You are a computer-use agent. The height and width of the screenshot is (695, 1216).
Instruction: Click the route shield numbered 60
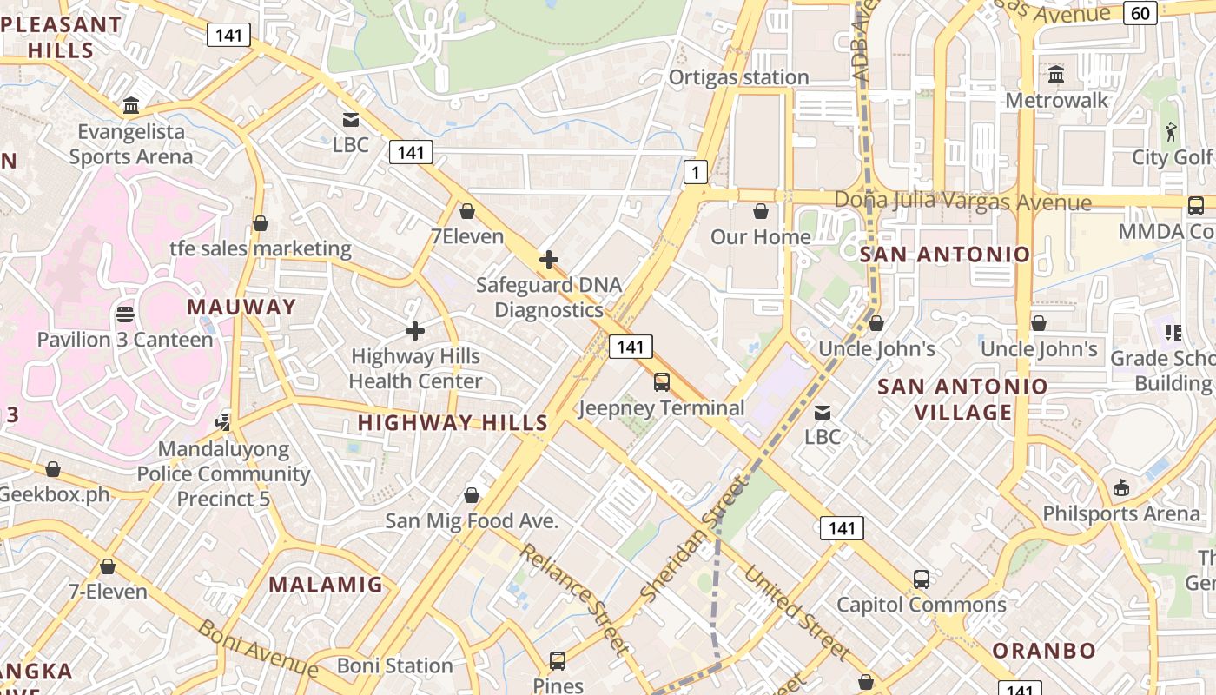click(1140, 12)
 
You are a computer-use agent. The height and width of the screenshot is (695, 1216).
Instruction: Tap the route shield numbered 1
click(695, 172)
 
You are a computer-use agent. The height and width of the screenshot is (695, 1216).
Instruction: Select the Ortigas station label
click(738, 77)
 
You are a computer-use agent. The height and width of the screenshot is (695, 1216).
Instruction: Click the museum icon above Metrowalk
click(1056, 75)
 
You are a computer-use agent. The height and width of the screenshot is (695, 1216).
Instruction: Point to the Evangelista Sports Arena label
click(131, 144)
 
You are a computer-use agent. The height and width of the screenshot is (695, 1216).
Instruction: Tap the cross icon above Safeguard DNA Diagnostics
click(548, 260)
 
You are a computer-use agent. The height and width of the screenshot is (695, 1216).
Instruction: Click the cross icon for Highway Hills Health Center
click(415, 331)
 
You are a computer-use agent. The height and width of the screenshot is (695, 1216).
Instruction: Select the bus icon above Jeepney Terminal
click(662, 382)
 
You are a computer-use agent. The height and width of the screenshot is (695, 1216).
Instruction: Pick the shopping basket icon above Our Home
click(761, 211)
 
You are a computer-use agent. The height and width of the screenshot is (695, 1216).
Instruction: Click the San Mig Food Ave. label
click(472, 521)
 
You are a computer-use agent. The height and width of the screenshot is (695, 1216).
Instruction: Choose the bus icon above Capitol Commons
click(921, 579)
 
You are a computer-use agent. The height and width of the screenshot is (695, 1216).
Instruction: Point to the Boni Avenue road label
click(258, 648)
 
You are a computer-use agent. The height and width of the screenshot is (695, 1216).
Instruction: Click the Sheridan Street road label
click(693, 539)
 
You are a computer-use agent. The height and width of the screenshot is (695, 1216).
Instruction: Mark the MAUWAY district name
click(241, 307)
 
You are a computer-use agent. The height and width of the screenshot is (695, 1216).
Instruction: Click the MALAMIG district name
click(326, 584)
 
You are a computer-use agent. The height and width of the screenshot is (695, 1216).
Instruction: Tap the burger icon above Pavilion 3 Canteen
click(125, 314)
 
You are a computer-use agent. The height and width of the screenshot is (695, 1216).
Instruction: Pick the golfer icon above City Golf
click(1171, 132)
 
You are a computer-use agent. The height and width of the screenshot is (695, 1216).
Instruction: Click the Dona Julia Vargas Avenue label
click(962, 202)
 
